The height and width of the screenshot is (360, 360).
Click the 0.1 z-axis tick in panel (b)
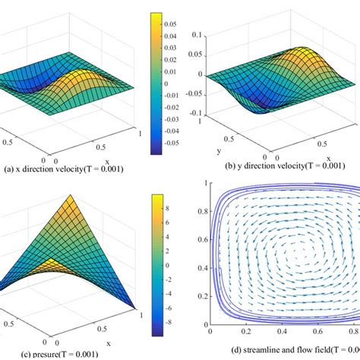[x=197, y=35]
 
